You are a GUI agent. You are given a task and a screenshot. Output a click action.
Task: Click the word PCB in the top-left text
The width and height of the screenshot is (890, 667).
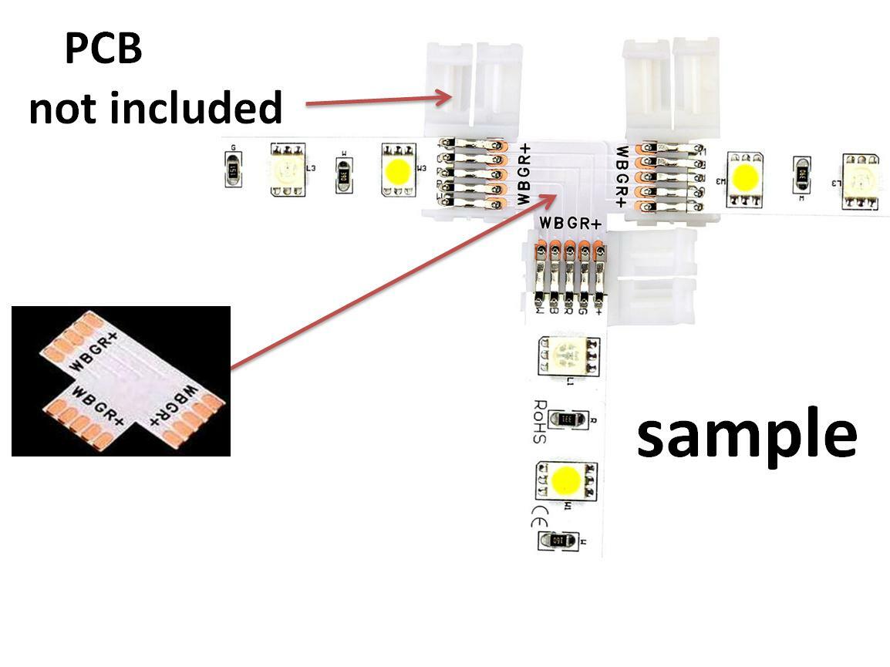click(x=103, y=49)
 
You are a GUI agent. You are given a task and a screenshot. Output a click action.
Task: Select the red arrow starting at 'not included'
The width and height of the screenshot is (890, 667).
click(x=378, y=99)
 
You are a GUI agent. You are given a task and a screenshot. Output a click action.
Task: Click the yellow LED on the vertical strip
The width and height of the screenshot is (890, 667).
click(x=567, y=480)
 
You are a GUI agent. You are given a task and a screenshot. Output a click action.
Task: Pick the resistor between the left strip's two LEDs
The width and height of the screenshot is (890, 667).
click(x=343, y=171)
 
